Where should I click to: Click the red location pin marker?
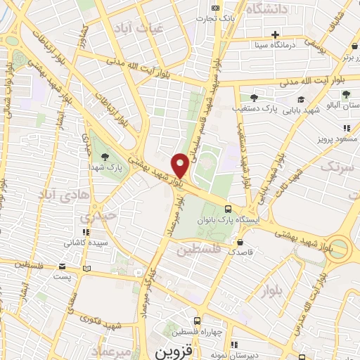click(180, 165)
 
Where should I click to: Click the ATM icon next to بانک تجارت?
click(215, 7)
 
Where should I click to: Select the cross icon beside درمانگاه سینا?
click(276, 34)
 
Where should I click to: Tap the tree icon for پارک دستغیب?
click(254, 98)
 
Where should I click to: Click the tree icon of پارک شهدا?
click(105, 156)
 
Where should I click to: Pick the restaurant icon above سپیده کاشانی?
click(85, 232)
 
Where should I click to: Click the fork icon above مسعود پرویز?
click(346, 128)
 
